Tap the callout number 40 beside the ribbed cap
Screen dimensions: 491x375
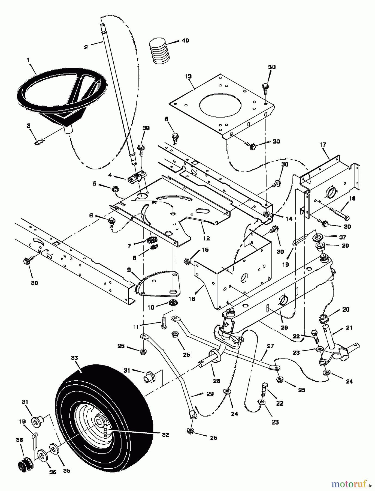185,41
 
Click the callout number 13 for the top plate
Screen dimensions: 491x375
188,76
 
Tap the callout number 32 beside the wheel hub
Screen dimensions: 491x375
165,435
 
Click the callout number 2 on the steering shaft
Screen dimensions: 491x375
86,47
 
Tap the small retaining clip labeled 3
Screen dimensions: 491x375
40,142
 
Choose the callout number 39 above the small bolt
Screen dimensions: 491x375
146,128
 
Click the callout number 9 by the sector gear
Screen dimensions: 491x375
129,270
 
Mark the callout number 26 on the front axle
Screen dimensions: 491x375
284,328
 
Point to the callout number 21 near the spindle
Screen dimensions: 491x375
349,328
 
